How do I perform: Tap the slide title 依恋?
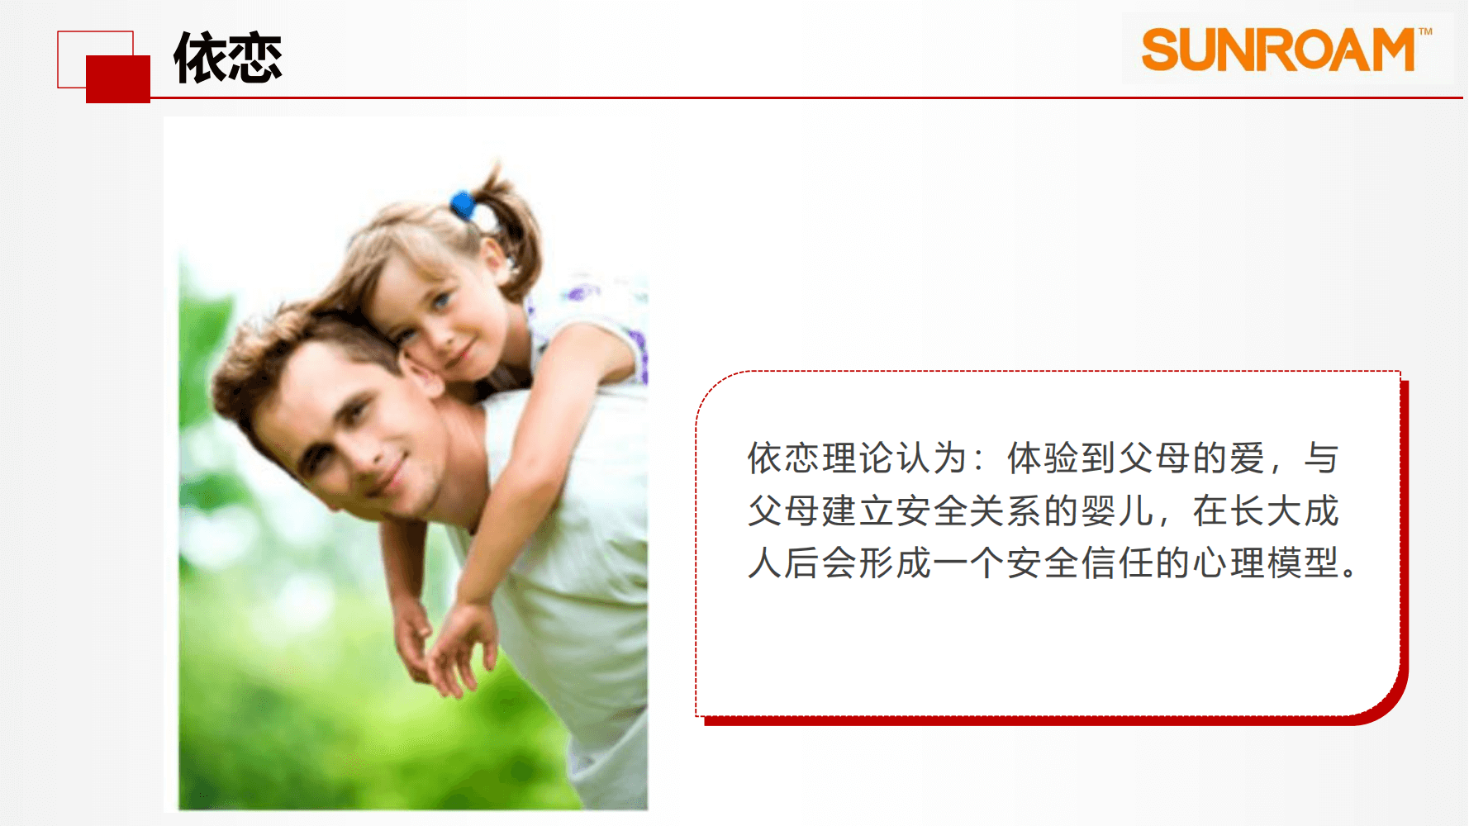coord(228,58)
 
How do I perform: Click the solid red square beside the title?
coord(118,79)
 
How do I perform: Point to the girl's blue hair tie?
coord(462,205)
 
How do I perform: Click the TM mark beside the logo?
coord(1425,32)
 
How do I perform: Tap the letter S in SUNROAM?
coord(1160,50)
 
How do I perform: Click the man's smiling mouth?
coord(395,475)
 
